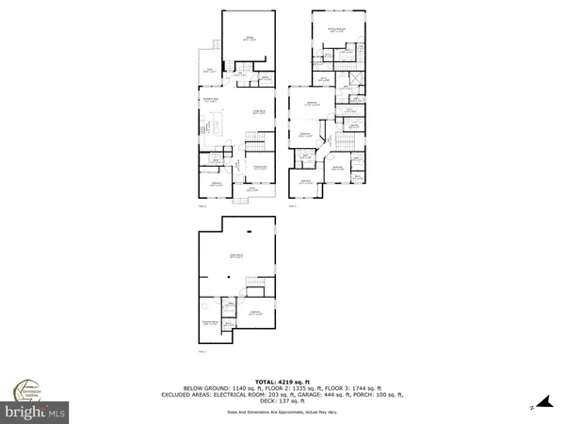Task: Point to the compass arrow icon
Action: [x=533, y=406]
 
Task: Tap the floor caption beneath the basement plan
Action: [x=202, y=352]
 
